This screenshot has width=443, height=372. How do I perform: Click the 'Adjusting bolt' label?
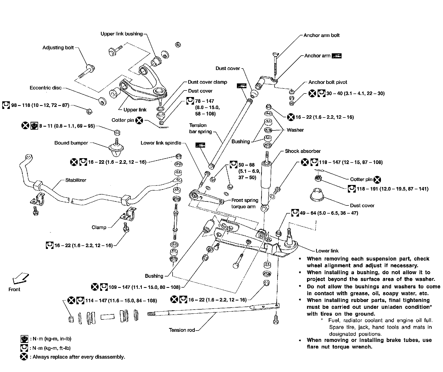58,48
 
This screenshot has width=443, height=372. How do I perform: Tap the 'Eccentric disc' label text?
45,88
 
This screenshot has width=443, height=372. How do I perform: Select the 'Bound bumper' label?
71,143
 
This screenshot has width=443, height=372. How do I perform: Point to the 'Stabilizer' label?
76,180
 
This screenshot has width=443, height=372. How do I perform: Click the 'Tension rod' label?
182,330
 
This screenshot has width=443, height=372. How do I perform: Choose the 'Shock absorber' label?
303,151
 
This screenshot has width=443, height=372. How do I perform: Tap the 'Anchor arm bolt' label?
321,35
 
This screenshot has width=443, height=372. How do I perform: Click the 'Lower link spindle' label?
161,143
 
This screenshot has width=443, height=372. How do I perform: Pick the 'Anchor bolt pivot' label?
328,82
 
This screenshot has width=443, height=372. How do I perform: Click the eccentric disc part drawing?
102,101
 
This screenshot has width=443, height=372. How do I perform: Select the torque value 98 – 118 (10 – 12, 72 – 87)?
40,105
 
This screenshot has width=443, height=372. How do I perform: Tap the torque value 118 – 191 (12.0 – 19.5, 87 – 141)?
392,189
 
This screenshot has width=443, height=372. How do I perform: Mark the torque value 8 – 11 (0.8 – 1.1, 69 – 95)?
67,126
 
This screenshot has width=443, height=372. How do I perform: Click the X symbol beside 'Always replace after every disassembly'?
24,357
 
